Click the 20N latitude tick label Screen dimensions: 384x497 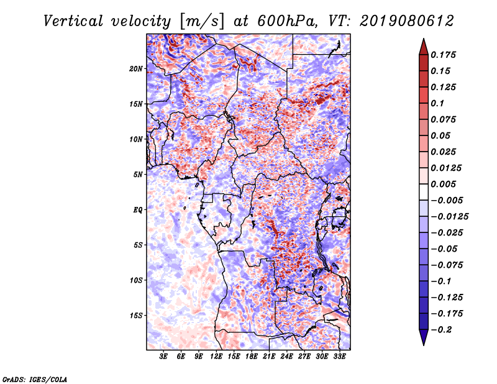pos(136,68)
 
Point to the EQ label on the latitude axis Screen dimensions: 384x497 pos(138,209)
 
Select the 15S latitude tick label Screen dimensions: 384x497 pos(136,316)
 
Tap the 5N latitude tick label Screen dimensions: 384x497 pos(138,175)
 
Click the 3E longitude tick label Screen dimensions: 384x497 pos(163,357)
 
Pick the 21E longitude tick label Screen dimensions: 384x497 pos(269,357)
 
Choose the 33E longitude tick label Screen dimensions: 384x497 pos(339,357)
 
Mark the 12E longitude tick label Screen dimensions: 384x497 pos(216,357)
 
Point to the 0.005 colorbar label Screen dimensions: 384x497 pos(444,184)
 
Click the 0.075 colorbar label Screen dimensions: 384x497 pos(444,119)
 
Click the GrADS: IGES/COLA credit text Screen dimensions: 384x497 pos(34,378)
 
